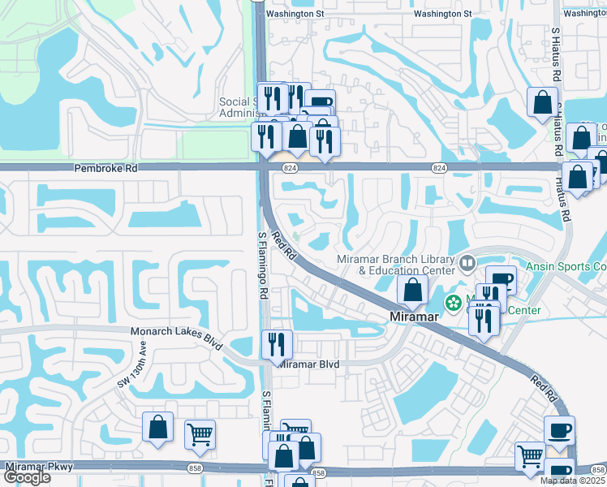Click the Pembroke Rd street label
tap(105, 169)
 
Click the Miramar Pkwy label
tap(39, 466)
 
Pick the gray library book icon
tap(467, 262)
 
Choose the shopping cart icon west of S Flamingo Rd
tap(200, 433)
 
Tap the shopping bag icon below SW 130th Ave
tap(157, 426)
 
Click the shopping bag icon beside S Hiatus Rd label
tap(542, 102)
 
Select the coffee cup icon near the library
tap(501, 280)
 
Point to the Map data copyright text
tap(573, 481)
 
